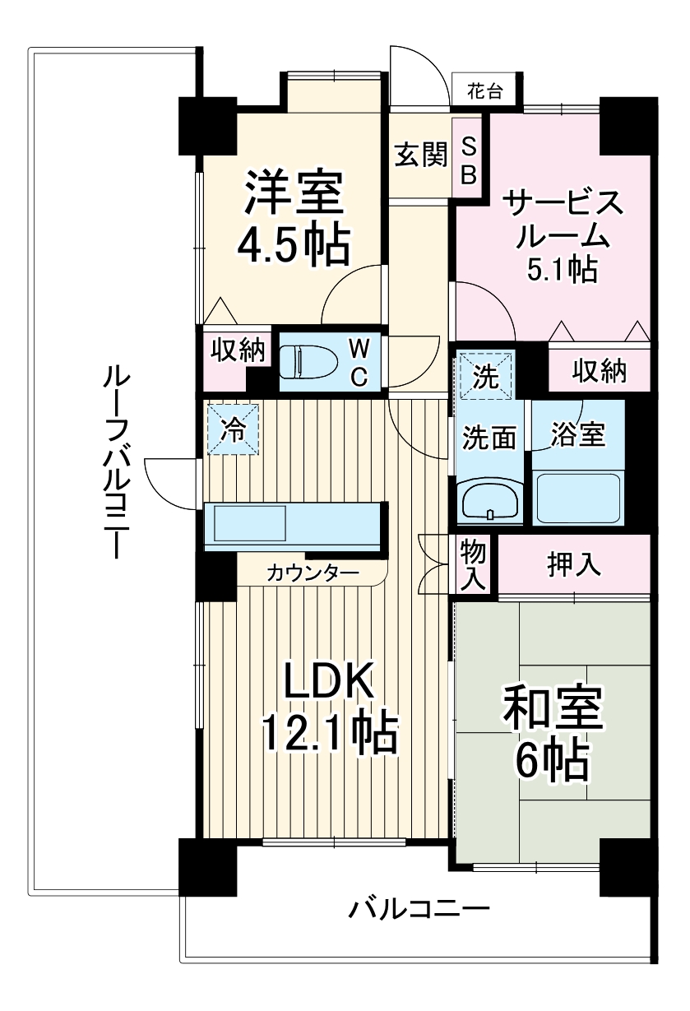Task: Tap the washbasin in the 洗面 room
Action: click(490, 499)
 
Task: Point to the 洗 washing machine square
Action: click(485, 377)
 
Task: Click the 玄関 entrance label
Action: click(420, 155)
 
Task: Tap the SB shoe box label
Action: click(469, 160)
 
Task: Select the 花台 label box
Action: click(485, 90)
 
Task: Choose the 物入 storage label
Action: click(471, 563)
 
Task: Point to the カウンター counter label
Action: click(313, 573)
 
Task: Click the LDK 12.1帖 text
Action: click(329, 707)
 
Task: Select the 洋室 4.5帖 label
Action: click(293, 218)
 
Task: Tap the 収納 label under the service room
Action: click(600, 372)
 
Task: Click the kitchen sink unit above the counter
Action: click(250, 522)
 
